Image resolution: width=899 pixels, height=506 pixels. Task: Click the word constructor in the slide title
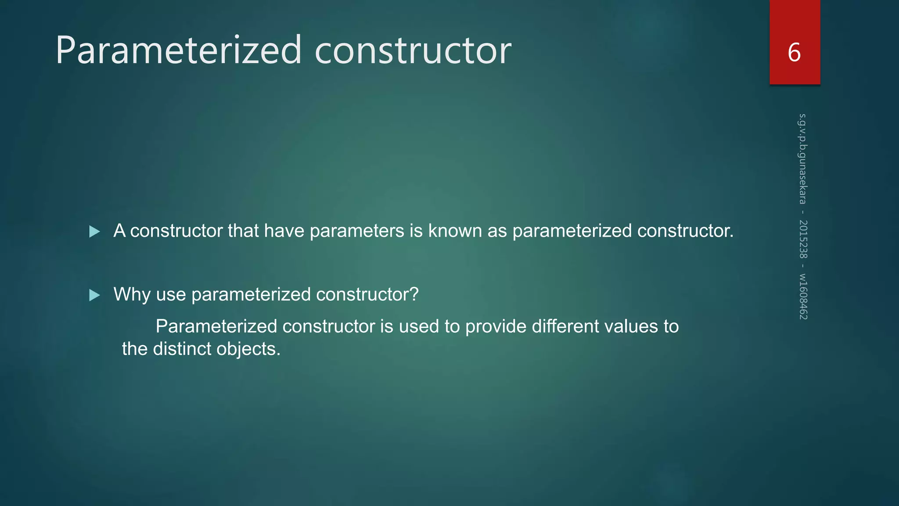[x=413, y=51]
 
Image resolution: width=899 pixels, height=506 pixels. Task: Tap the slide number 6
[x=794, y=52]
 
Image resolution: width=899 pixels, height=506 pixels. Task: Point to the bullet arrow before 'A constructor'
[x=94, y=231]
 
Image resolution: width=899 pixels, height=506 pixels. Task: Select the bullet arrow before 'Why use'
[x=94, y=295]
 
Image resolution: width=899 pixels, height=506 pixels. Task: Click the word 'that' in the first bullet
[x=243, y=231]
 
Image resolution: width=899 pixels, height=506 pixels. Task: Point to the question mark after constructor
[x=414, y=294]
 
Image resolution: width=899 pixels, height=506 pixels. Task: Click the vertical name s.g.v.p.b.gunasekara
[x=802, y=159]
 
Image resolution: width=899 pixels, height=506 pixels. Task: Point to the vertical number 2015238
[x=802, y=239]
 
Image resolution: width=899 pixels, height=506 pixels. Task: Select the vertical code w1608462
[x=802, y=296]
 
